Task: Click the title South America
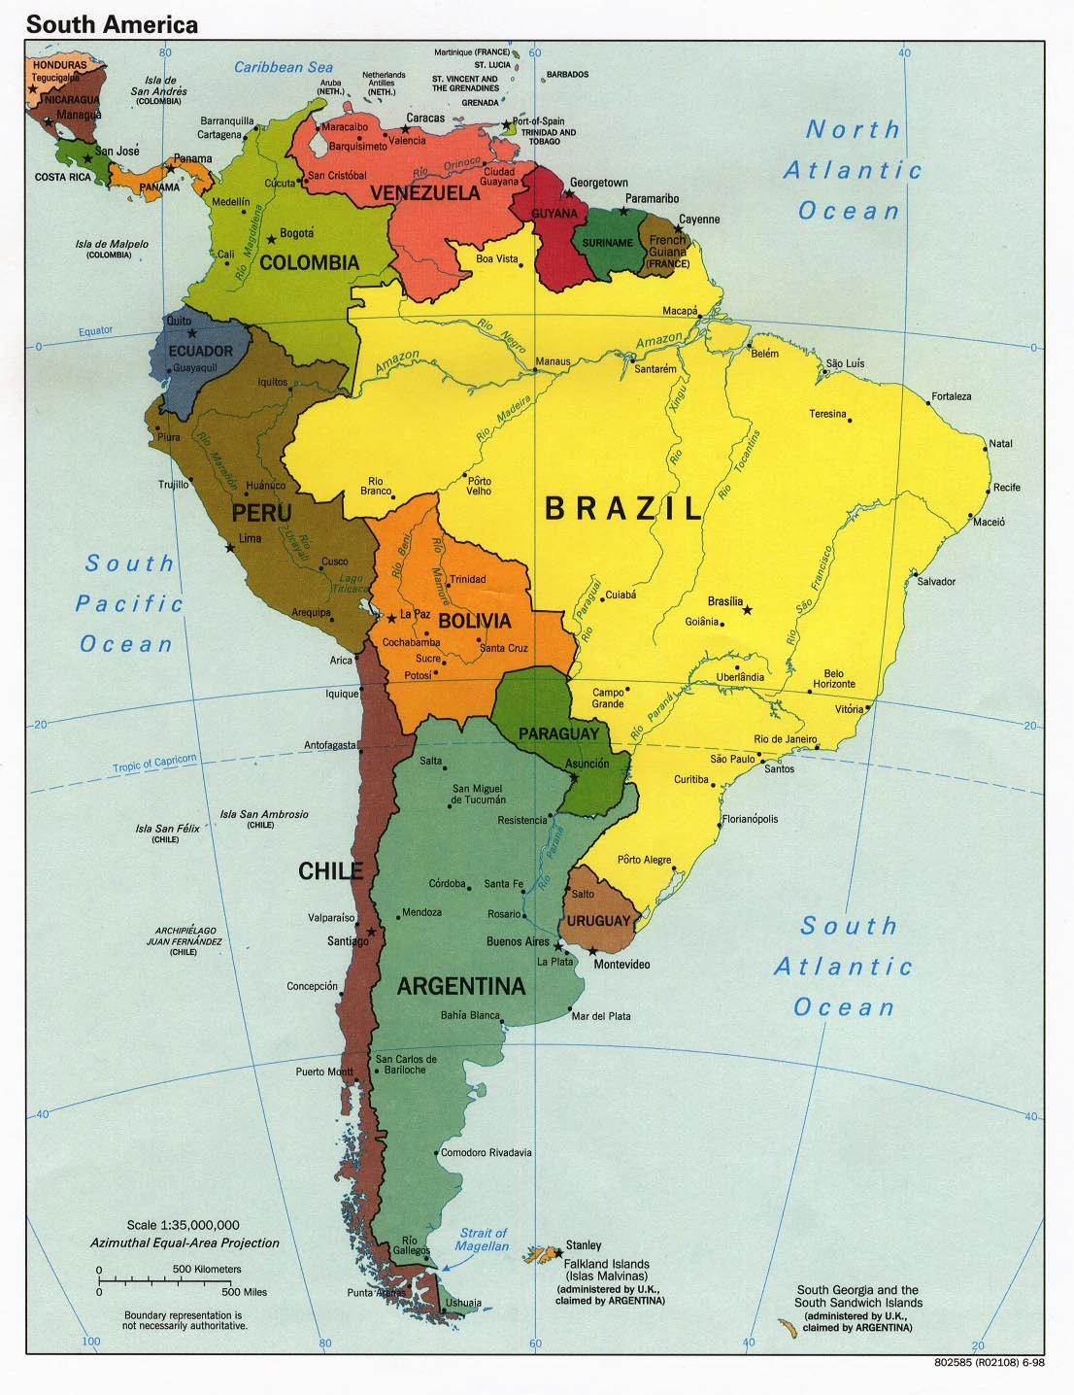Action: point(112,24)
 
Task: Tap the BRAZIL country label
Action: point(623,508)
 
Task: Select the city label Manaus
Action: point(554,361)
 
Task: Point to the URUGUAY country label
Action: point(598,920)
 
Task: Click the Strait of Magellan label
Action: point(483,1239)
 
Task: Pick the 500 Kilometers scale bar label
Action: point(207,1269)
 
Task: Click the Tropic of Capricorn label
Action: point(154,764)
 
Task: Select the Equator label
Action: point(95,331)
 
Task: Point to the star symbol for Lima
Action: point(230,549)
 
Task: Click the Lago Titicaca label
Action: point(351,584)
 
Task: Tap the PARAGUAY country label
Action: point(557,733)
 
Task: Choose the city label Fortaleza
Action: point(951,396)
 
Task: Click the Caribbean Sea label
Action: point(284,67)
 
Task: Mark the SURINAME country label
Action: point(607,243)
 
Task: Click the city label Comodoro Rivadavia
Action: point(486,1153)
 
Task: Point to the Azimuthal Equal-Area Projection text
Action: point(185,1242)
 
